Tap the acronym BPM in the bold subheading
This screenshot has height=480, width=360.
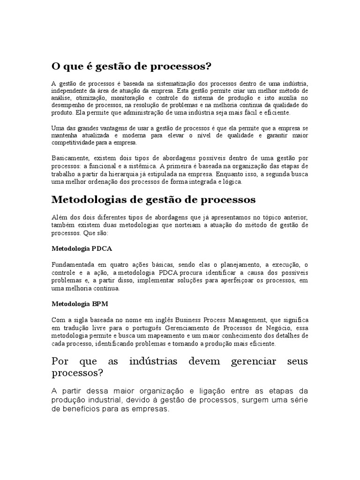tap(100, 304)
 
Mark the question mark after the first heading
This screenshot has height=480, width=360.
tap(208, 66)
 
